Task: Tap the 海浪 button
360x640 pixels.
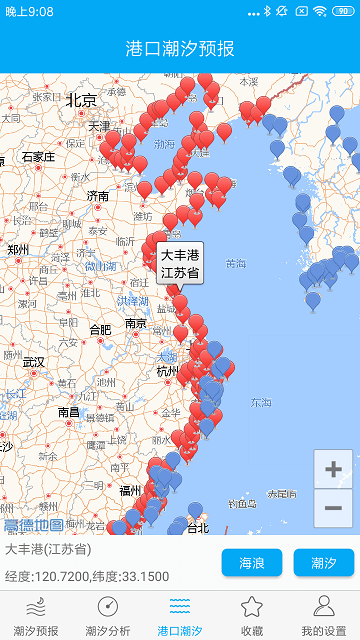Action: (252, 563)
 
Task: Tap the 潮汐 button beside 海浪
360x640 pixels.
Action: (323, 563)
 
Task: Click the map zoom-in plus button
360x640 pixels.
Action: (333, 469)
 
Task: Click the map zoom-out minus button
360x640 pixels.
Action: (333, 508)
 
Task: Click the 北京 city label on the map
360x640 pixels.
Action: (81, 100)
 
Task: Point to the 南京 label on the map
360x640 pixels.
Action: (137, 323)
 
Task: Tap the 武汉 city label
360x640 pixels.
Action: (34, 362)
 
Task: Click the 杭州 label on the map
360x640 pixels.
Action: (168, 371)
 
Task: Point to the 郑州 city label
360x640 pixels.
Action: (19, 250)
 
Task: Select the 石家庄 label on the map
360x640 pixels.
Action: (38, 157)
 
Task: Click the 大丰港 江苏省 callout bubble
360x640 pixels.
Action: (180, 262)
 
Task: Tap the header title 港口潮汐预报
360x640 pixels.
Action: (180, 48)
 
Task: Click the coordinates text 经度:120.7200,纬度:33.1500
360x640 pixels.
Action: (88, 576)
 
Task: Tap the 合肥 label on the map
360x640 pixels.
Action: (100, 329)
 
